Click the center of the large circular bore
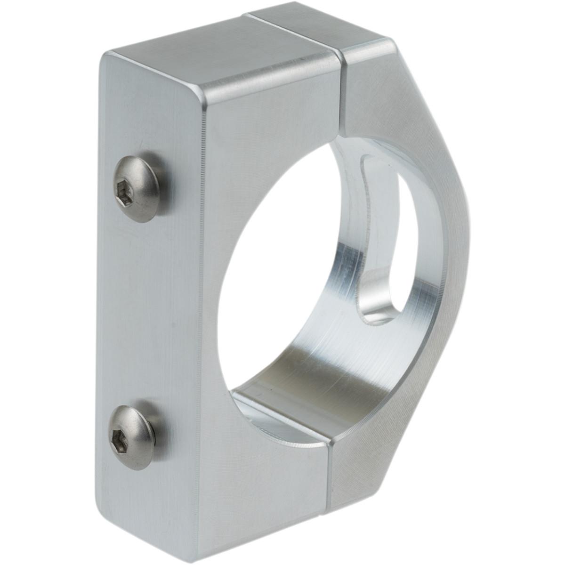301,273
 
